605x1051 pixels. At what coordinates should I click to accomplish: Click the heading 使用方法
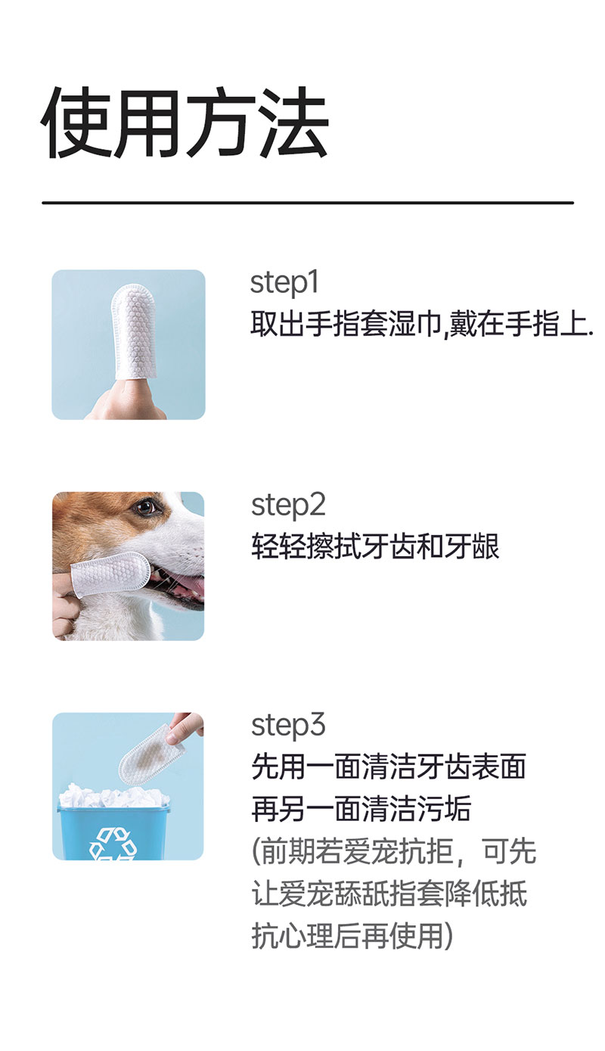click(x=185, y=123)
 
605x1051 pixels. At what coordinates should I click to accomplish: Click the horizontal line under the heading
click(x=307, y=203)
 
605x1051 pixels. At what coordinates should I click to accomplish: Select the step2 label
click(x=288, y=505)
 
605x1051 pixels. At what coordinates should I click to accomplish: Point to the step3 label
click(x=288, y=726)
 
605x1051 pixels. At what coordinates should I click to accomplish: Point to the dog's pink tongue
click(x=187, y=587)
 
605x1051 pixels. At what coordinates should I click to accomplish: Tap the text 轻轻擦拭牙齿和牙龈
click(x=375, y=546)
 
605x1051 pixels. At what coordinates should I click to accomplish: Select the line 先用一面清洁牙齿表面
click(x=388, y=767)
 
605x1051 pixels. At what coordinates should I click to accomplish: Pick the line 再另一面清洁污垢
click(x=361, y=810)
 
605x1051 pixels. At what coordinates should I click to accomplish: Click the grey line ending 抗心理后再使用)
click(x=352, y=937)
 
